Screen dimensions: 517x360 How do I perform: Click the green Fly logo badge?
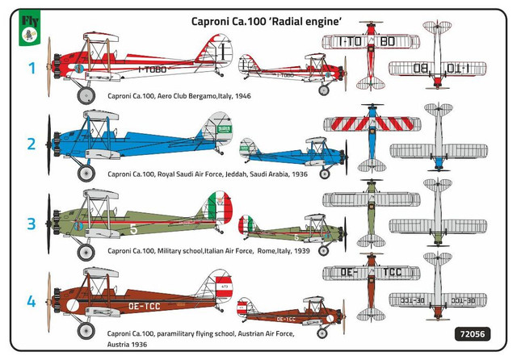click(29, 28)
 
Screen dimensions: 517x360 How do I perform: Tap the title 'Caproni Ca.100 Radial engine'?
click(267, 22)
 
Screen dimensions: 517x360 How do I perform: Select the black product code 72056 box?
click(473, 334)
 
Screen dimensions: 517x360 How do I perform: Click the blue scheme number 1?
click(32, 68)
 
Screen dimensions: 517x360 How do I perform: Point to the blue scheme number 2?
click(32, 144)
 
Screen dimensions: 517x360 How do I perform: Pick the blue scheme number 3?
click(32, 224)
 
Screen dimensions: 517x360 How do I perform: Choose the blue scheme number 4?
click(31, 301)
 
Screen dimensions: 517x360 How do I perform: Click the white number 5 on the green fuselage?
click(133, 229)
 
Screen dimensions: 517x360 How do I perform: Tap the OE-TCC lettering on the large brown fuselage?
click(145, 307)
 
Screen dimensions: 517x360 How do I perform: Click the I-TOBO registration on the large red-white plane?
click(152, 69)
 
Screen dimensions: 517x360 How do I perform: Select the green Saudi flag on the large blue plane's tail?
click(224, 129)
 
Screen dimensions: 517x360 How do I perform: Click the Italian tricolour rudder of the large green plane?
click(220, 208)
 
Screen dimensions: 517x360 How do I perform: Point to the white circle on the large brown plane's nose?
click(73, 305)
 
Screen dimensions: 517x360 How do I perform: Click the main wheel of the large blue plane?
click(86, 173)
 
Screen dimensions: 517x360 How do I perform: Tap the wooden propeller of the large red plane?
click(49, 67)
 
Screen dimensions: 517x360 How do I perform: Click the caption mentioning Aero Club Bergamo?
click(179, 96)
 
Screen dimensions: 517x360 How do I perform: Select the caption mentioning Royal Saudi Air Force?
click(208, 174)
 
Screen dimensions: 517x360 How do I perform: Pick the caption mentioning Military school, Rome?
click(208, 251)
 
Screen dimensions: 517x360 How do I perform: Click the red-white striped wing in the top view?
click(372, 123)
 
